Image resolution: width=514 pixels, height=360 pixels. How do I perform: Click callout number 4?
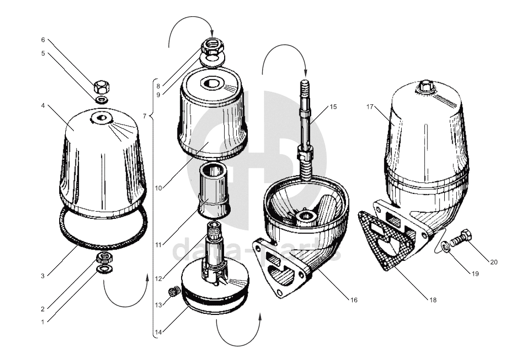point(44,106)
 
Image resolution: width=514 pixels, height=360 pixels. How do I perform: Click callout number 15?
point(333,107)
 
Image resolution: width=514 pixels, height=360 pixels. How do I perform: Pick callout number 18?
point(432,300)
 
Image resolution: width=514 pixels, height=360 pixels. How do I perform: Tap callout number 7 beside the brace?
point(145,116)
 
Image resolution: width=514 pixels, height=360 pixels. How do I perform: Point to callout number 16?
point(354,300)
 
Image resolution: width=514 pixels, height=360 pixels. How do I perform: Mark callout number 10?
point(158,188)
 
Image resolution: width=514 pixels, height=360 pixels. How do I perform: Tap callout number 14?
point(158,332)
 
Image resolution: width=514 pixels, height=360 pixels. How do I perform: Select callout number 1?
point(44,322)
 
